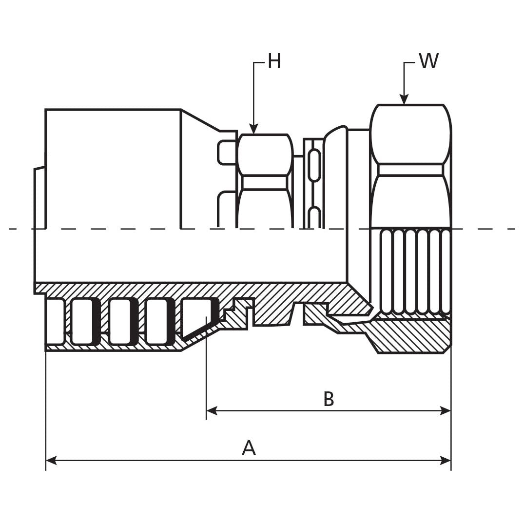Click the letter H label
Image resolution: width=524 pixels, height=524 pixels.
pos(274,62)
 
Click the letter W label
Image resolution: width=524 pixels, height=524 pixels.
pos(428,61)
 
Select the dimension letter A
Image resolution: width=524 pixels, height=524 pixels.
pos(249,447)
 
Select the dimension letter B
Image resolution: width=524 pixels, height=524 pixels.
pos(329,399)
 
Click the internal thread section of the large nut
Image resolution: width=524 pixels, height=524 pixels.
pos(415,271)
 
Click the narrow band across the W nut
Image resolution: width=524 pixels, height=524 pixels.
pos(410,170)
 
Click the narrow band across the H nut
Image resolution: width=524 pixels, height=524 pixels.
pos(265,182)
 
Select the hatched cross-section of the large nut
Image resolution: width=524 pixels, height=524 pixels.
pos(409,336)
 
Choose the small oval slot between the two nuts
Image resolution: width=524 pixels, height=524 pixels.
pos(315,166)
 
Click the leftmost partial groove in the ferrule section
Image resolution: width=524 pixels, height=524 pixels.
pos(55,321)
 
